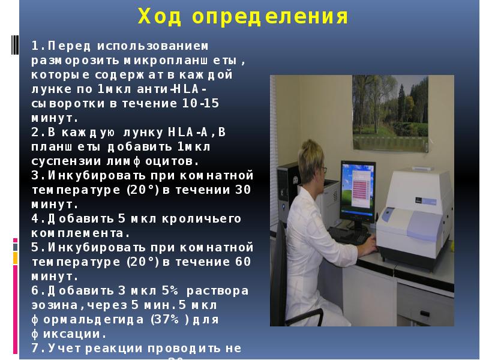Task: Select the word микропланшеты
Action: (x=186, y=61)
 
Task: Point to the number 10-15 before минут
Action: (x=201, y=104)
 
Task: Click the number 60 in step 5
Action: (x=241, y=262)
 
